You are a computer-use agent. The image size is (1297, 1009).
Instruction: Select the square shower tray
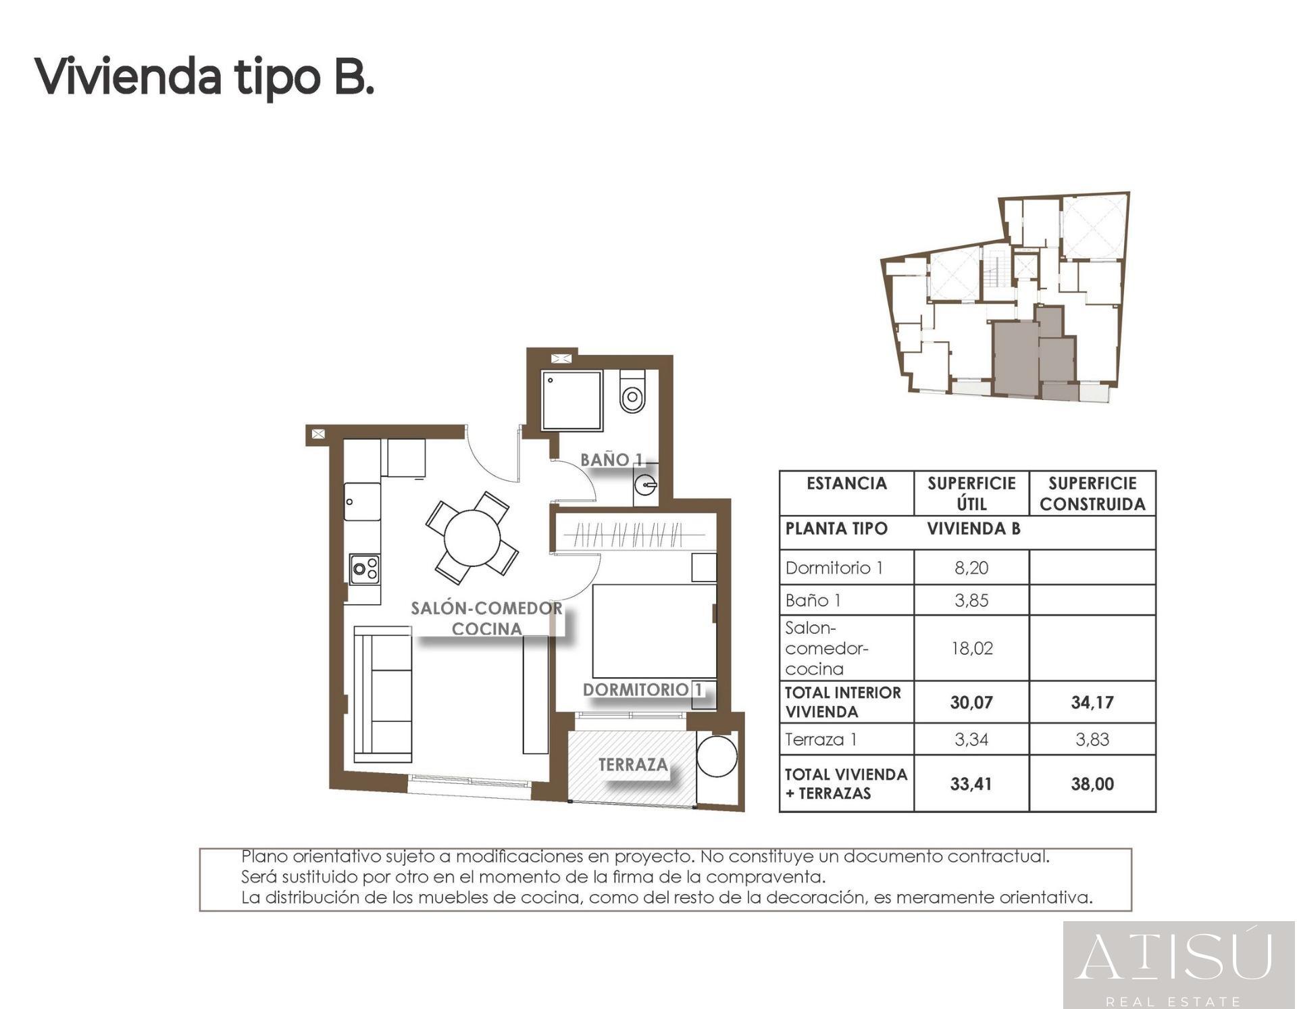point(571,400)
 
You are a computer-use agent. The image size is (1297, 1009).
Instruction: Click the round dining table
point(472,538)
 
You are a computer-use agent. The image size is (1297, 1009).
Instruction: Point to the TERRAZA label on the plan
point(633,764)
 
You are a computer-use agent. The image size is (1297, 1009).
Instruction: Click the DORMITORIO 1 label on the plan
point(642,689)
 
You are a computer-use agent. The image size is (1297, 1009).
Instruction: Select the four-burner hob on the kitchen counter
point(364,568)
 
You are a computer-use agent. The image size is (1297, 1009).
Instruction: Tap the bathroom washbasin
point(646,485)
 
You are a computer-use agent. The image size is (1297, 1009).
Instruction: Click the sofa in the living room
point(383,695)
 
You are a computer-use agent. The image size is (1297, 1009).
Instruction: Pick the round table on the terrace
point(717,756)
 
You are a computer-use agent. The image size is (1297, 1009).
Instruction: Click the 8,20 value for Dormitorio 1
point(971,568)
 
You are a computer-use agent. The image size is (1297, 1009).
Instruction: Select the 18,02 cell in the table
point(971,648)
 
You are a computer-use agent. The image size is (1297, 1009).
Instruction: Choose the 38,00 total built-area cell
point(1092,784)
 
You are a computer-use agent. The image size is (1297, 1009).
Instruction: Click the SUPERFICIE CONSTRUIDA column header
point(1092,493)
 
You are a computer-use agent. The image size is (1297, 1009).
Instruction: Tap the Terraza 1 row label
point(821,739)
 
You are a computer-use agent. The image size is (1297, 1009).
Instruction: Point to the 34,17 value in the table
point(1092,702)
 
